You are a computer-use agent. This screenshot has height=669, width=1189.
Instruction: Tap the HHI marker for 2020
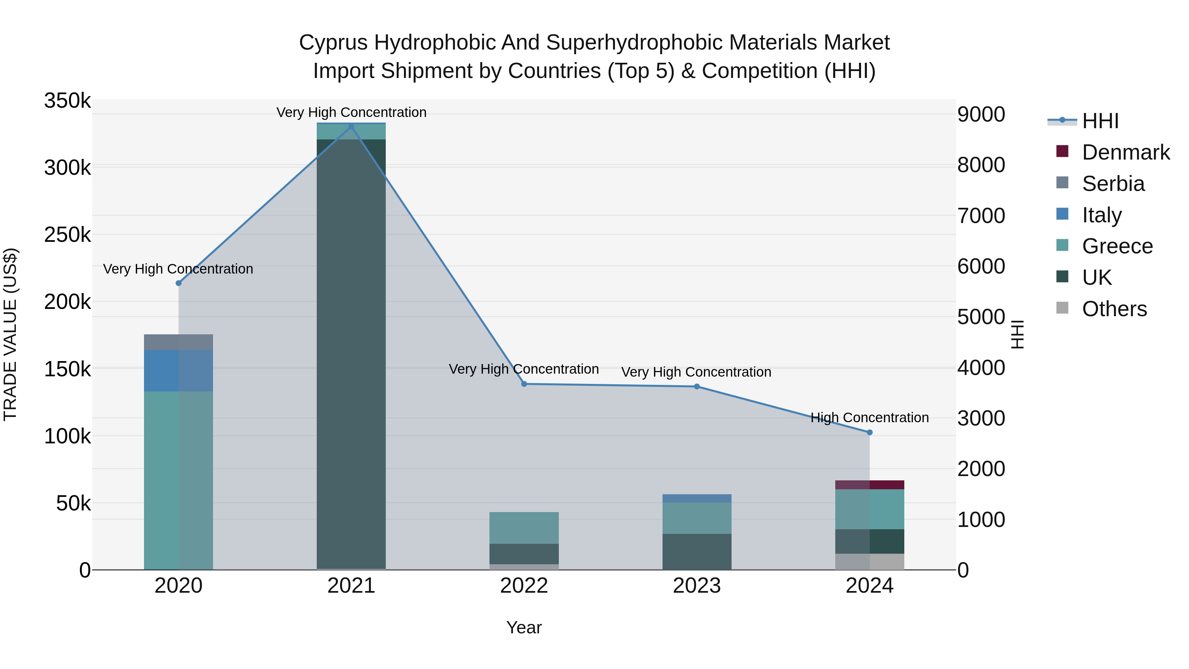pyautogui.click(x=179, y=283)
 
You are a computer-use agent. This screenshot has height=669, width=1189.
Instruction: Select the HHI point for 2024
pyautogui.click(x=870, y=432)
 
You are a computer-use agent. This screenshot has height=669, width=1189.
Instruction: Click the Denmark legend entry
pyautogui.click(x=1125, y=152)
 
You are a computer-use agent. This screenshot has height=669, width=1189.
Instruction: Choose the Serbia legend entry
pyautogui.click(x=1113, y=184)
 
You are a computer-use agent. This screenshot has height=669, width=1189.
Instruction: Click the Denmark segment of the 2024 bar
pyautogui.click(x=870, y=485)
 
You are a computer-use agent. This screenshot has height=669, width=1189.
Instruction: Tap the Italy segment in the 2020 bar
pyautogui.click(x=179, y=370)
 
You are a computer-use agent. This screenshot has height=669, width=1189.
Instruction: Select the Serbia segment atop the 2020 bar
pyautogui.click(x=179, y=342)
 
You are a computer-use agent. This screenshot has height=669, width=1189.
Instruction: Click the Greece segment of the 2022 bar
pyautogui.click(x=524, y=528)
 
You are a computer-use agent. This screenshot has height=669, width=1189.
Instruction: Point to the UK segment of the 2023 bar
pyautogui.click(x=697, y=552)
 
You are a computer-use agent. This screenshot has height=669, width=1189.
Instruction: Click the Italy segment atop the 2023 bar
pyautogui.click(x=697, y=498)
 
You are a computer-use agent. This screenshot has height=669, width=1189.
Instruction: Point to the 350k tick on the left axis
pyautogui.click(x=67, y=101)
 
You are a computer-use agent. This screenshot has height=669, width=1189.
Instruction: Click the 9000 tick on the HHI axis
pyautogui.click(x=981, y=115)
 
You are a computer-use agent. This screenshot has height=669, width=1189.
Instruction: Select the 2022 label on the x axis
pyautogui.click(x=524, y=586)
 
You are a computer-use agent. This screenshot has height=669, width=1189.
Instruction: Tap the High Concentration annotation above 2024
pyautogui.click(x=870, y=418)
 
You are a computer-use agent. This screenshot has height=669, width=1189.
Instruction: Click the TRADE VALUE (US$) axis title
pyautogui.click(x=10, y=334)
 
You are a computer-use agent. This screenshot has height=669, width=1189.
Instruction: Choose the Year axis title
pyautogui.click(x=524, y=627)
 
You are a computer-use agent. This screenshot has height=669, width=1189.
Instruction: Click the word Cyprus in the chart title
pyautogui.click(x=333, y=43)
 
